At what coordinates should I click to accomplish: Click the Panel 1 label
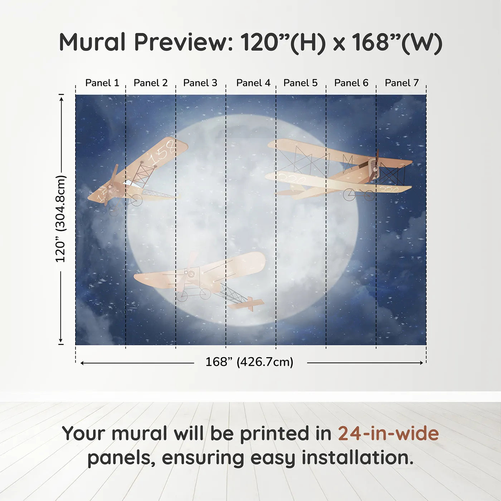click(x=102, y=83)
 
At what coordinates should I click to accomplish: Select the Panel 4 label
click(x=253, y=83)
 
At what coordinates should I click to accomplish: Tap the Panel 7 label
click(x=402, y=83)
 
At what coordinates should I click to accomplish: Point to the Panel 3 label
click(x=200, y=83)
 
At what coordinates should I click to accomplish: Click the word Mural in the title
click(x=92, y=42)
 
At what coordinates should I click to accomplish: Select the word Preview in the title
click(x=184, y=42)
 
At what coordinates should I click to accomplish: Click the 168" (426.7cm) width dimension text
click(x=249, y=362)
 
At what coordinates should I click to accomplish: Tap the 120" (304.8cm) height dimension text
click(x=60, y=219)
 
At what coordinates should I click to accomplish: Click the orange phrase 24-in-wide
click(x=388, y=434)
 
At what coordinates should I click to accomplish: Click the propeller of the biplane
click(x=374, y=166)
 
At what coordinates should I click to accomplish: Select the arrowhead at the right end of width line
click(x=421, y=363)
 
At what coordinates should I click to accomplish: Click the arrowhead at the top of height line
click(x=62, y=98)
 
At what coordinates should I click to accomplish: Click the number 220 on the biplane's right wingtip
click(x=390, y=189)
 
